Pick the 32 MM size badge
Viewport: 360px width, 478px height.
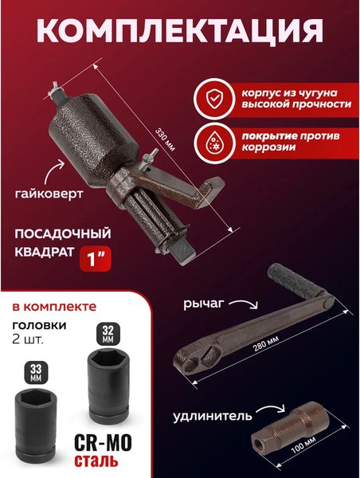coord(107,331)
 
